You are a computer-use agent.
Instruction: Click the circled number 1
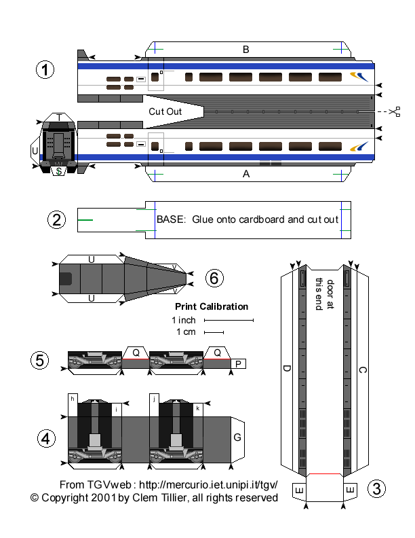coord(45,70)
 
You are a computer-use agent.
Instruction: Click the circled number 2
coord(57,219)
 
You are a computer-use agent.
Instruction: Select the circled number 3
coord(376,488)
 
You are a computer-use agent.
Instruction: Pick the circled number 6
coord(214,277)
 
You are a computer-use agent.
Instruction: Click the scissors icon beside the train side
coord(395,111)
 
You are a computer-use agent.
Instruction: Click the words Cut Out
coord(165,111)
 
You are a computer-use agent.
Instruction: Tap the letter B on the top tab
coord(246,49)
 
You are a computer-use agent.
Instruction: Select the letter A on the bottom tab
coord(246,174)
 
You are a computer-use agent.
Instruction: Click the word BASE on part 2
coord(170,219)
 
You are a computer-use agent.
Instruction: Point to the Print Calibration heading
coord(212,306)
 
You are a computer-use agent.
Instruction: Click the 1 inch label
coord(183,319)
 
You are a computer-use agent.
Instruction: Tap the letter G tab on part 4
coord(237,437)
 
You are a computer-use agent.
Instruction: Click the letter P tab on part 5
coord(237,364)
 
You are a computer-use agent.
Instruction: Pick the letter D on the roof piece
coord(287,369)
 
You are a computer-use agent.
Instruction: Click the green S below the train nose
coord(60,171)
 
